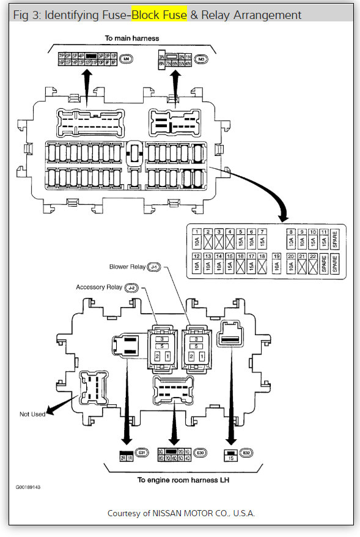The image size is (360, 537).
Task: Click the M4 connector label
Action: point(127,59)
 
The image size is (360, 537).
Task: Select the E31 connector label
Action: point(141,453)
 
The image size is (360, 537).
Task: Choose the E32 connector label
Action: point(246,453)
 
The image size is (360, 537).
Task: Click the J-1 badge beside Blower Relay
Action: point(153,267)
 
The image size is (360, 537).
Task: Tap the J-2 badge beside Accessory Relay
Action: point(131,287)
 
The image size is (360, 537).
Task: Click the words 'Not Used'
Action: point(32,414)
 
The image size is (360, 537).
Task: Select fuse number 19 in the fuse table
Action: point(277,264)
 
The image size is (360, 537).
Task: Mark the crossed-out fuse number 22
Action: point(312,264)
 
